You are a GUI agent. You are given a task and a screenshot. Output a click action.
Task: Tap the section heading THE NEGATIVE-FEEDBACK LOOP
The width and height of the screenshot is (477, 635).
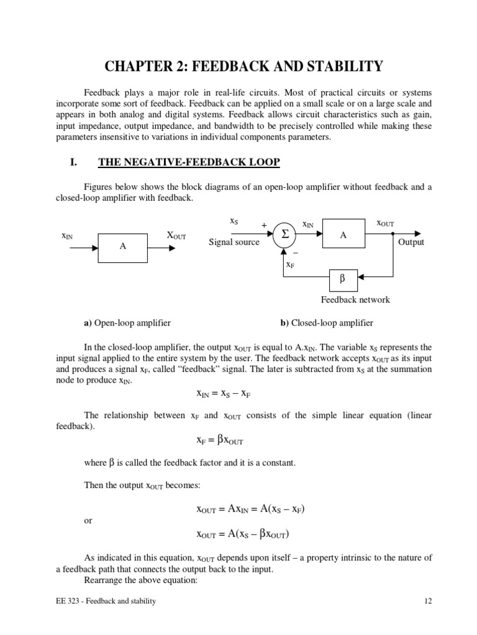click(x=189, y=162)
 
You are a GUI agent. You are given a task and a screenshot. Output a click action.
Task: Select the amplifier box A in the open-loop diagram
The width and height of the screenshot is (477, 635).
click(x=123, y=246)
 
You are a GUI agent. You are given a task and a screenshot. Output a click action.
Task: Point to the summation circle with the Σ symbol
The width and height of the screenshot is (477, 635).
click(x=285, y=234)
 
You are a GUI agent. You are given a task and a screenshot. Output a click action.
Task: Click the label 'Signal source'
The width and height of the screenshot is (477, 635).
click(x=234, y=242)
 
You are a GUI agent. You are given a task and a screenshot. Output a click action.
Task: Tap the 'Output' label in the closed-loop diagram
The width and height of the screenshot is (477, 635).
click(x=411, y=242)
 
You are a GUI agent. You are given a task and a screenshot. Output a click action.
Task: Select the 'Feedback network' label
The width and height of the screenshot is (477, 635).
click(x=355, y=300)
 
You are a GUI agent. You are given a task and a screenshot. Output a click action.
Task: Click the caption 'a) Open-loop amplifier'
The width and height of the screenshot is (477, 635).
click(x=127, y=323)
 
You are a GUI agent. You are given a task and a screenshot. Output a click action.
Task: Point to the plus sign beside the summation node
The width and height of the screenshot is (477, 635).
click(x=264, y=225)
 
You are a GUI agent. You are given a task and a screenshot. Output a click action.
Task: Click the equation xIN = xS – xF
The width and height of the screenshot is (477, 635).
click(x=223, y=394)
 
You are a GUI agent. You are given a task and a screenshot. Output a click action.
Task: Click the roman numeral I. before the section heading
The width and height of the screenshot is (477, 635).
click(x=73, y=162)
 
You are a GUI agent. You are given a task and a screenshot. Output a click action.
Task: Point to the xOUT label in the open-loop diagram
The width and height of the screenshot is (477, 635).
click(x=176, y=235)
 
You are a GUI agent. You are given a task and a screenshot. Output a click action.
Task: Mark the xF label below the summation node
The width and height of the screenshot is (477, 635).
click(x=289, y=265)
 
